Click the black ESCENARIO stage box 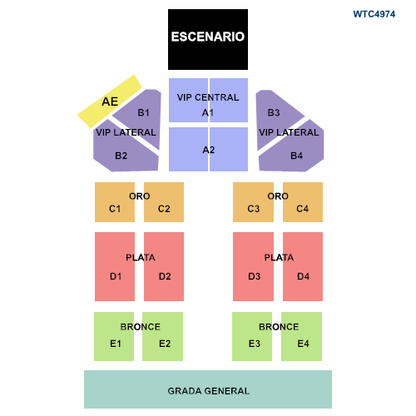(x=208, y=39)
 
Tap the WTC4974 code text (x=374, y=14)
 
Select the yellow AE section (x=110, y=102)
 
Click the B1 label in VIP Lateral (x=143, y=112)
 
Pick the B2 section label (x=121, y=156)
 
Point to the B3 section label (x=274, y=112)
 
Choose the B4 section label (x=296, y=156)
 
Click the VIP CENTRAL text (x=208, y=97)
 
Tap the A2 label (x=209, y=150)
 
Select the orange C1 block (x=115, y=202)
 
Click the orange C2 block (x=164, y=202)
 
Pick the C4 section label (x=302, y=209)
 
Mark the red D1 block (x=115, y=266)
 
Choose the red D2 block (x=164, y=266)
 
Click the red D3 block (x=253, y=266)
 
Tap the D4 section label (x=303, y=276)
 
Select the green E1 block (x=114, y=336)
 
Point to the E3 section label (x=255, y=344)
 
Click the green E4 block (x=301, y=336)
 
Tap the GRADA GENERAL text (x=209, y=391)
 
